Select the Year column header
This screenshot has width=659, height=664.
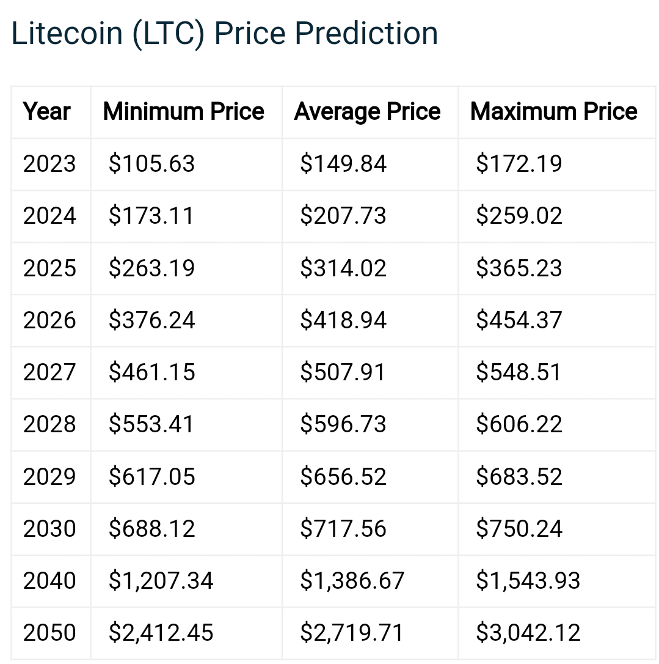pos(47,112)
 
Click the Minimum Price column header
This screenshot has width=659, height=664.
pos(184,112)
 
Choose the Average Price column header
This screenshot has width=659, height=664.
pos(368,112)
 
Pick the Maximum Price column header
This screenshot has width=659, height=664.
pos(554,112)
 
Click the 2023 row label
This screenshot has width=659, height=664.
pos(49,164)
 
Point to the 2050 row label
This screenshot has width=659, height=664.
pos(49,633)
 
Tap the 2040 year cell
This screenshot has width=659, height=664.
pos(49,581)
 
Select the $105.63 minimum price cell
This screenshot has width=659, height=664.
pos(151,164)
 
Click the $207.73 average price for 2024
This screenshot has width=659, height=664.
pos(343,216)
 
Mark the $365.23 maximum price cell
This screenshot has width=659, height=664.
pos(519,268)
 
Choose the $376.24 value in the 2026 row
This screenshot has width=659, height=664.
pos(151,320)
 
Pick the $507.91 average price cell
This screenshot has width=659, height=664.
pos(343,372)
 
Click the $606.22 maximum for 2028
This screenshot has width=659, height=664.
pos(519,424)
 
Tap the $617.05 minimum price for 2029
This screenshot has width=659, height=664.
pos(151,477)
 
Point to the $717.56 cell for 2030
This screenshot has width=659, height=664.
pos(343,529)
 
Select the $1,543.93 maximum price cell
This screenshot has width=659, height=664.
pos(528,581)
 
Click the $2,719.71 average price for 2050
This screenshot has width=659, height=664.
pos(352,633)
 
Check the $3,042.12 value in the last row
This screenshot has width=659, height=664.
pos(528,633)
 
